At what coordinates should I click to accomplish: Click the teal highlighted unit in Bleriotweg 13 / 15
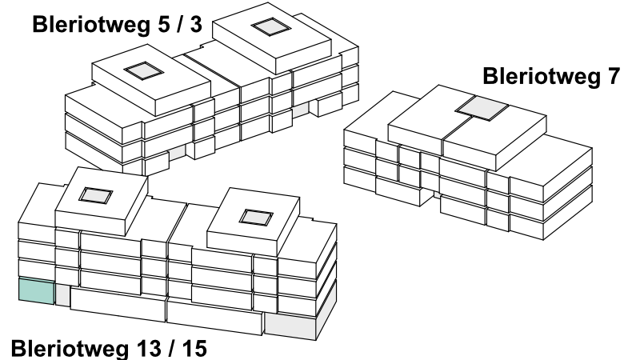click(36, 291)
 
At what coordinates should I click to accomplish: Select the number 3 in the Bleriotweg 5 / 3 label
click(196, 25)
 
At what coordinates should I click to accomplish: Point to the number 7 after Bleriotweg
click(613, 76)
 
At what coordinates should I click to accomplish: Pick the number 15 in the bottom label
click(194, 349)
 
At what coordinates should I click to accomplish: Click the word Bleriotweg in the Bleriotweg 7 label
click(542, 77)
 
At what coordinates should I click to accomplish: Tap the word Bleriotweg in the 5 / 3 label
click(90, 26)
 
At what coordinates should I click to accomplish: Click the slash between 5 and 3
click(179, 25)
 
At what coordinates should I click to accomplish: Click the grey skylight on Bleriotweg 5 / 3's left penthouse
click(144, 71)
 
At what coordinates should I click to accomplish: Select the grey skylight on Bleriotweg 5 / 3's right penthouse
click(271, 27)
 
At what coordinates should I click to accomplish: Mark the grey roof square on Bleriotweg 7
click(482, 108)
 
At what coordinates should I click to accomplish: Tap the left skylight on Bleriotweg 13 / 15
click(95, 195)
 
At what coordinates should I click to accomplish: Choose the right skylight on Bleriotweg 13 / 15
click(256, 218)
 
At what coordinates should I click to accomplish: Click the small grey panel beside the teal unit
click(62, 295)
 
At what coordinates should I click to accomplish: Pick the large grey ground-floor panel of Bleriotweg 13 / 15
click(290, 326)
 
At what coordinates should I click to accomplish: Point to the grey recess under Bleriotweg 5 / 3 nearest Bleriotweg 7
click(301, 110)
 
